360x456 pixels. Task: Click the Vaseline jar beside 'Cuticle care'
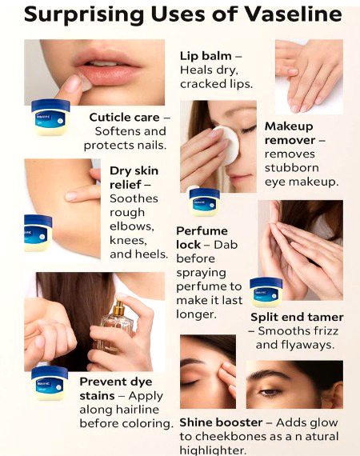point(51,117)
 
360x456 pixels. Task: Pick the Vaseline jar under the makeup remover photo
point(204,202)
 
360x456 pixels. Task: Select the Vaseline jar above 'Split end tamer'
point(266,292)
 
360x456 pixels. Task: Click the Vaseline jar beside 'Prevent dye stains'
point(49,382)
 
